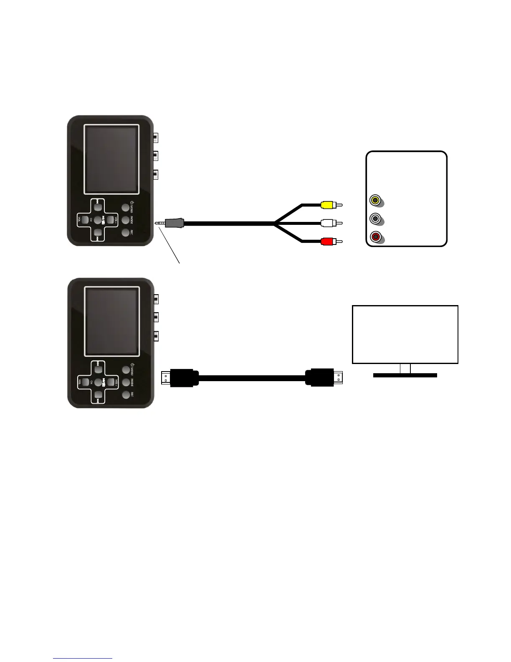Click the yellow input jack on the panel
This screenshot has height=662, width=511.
pos(375,200)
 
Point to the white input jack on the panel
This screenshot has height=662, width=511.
pos(375,218)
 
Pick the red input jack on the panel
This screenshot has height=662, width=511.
pos(375,237)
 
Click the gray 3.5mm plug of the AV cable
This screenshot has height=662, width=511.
pos(174,223)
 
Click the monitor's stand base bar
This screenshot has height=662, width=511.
pos(405,375)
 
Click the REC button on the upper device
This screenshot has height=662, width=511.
pos(125,232)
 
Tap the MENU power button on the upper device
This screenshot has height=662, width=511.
pos(125,207)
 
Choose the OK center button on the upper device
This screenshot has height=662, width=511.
pos(98,219)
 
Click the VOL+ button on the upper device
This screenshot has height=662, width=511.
pos(111,219)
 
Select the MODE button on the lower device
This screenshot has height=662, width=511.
pos(125,382)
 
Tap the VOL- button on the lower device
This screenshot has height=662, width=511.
pos(85,382)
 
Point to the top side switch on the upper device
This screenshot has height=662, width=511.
pos(156,137)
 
